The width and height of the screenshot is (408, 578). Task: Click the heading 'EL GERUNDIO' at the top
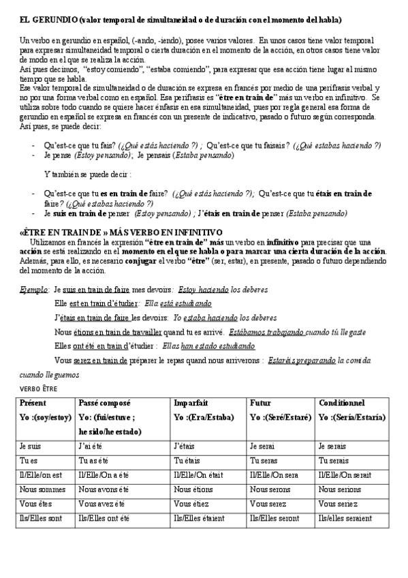[46, 20]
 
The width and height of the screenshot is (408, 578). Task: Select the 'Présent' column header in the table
[35, 403]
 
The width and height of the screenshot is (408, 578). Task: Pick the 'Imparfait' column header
[191, 403]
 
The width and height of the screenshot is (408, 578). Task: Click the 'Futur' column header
[260, 403]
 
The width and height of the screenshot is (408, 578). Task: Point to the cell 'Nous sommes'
[42, 489]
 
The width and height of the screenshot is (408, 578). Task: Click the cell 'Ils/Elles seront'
[274, 519]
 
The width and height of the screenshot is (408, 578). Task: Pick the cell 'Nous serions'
[339, 489]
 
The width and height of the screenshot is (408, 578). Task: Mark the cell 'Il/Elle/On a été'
[110, 474]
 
